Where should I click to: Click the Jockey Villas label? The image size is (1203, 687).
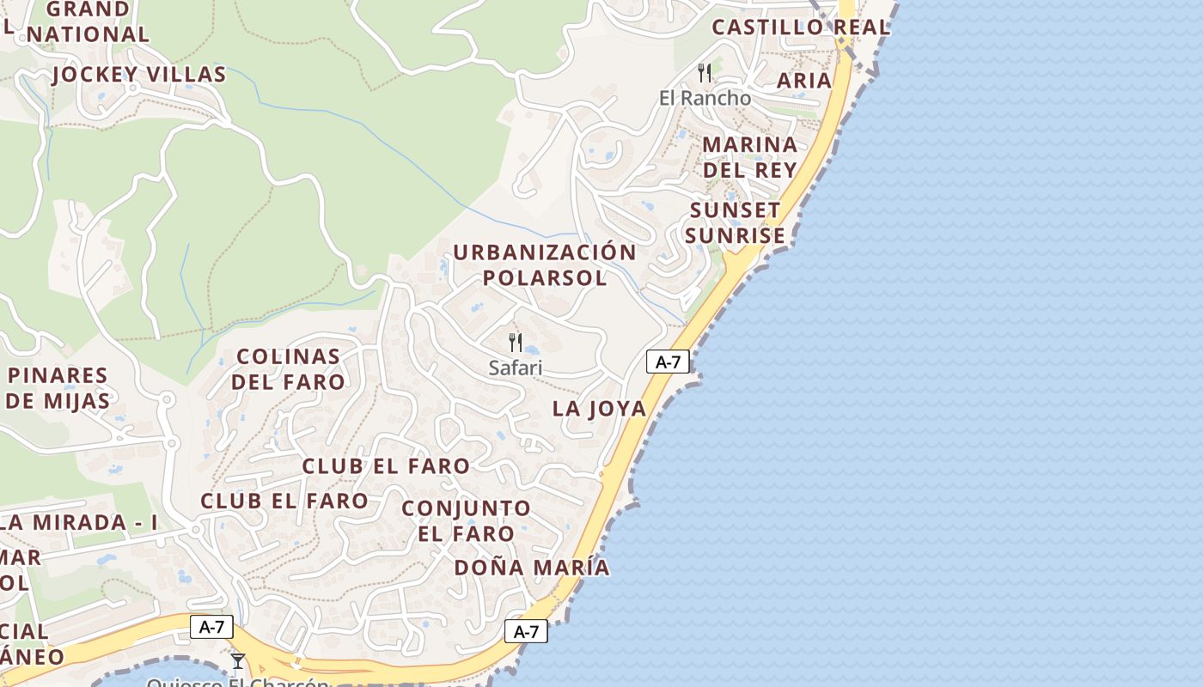138,75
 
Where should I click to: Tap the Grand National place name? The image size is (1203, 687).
88,22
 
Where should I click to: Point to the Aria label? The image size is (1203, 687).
804,81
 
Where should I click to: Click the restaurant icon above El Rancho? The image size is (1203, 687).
705,73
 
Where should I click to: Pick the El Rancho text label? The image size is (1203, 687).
705,98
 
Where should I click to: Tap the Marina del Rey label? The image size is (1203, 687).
750,156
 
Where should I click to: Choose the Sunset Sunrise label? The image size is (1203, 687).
736,222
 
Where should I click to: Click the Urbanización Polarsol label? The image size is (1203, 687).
545,264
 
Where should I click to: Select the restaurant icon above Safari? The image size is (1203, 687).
516,343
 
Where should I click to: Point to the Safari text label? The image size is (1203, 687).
516,368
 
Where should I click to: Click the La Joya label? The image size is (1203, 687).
599,409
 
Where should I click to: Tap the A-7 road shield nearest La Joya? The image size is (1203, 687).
668,362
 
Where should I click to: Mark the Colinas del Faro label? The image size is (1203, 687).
288,369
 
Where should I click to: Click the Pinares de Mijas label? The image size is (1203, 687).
58,388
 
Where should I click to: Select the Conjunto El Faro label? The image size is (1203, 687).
466,520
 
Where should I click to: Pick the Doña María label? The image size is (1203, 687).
532,568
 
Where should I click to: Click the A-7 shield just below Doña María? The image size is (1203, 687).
526,632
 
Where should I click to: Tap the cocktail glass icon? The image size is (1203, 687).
238,661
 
